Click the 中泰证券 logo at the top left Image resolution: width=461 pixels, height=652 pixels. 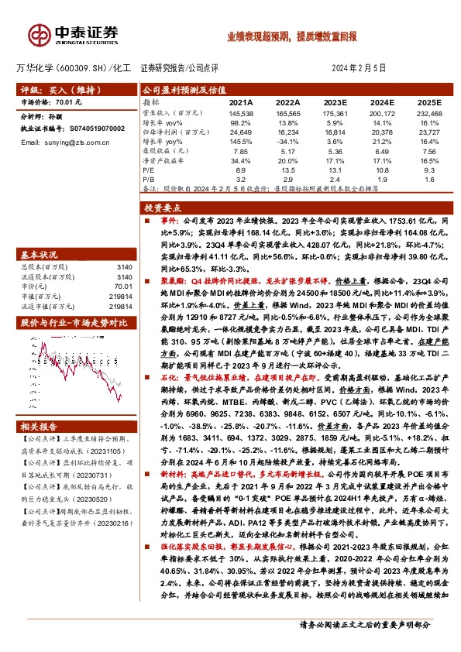tap(74, 33)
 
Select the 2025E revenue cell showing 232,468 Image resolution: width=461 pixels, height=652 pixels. tap(429, 114)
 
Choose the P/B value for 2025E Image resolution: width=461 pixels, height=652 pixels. tap(430, 177)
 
